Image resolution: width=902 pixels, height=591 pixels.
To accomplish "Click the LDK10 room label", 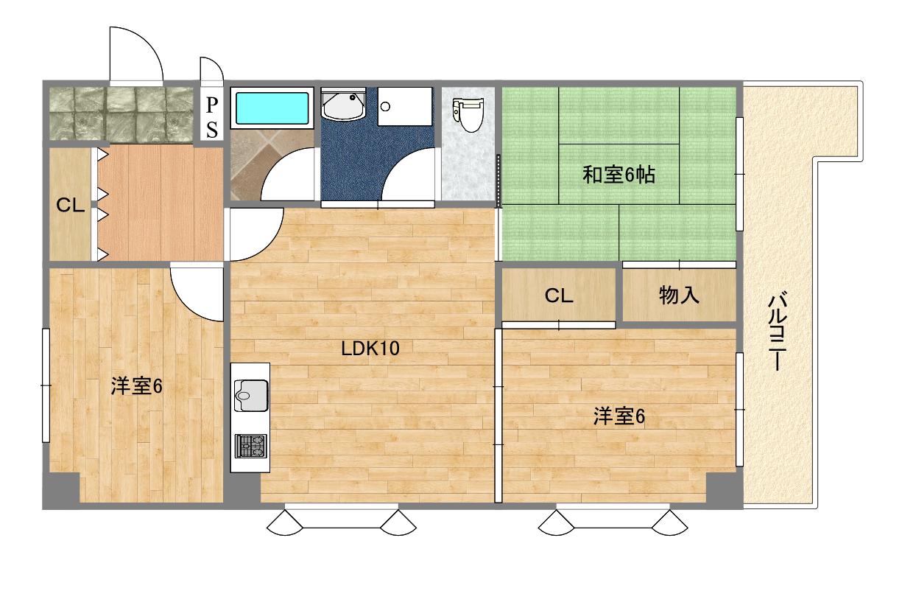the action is click(370, 349).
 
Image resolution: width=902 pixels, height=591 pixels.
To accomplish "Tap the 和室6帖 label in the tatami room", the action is click(619, 175).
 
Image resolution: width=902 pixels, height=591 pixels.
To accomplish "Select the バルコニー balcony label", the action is click(777, 332).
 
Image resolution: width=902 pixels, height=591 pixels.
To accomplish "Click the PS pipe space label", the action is click(212, 117).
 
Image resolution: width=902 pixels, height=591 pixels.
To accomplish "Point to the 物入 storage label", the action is click(679, 295).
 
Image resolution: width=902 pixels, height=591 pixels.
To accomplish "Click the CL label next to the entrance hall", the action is click(71, 205).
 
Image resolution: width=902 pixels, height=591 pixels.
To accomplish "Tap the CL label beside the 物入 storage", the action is click(559, 295).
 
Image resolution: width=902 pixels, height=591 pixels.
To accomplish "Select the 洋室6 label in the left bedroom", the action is click(136, 386).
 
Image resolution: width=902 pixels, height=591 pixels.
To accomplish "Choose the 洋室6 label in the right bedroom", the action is click(619, 416).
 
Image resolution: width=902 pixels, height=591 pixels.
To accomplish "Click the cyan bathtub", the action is click(272, 108).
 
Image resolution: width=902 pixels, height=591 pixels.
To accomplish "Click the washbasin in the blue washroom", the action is click(343, 105).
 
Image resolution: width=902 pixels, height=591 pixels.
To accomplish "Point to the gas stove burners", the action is click(251, 446).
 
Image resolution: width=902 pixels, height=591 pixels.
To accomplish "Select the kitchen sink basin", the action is click(251, 395).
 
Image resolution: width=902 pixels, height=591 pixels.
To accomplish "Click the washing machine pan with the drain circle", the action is click(405, 106).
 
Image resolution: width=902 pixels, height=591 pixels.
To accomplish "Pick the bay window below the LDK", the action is click(342, 519).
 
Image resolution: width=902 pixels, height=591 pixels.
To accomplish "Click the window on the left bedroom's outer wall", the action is click(46, 385).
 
